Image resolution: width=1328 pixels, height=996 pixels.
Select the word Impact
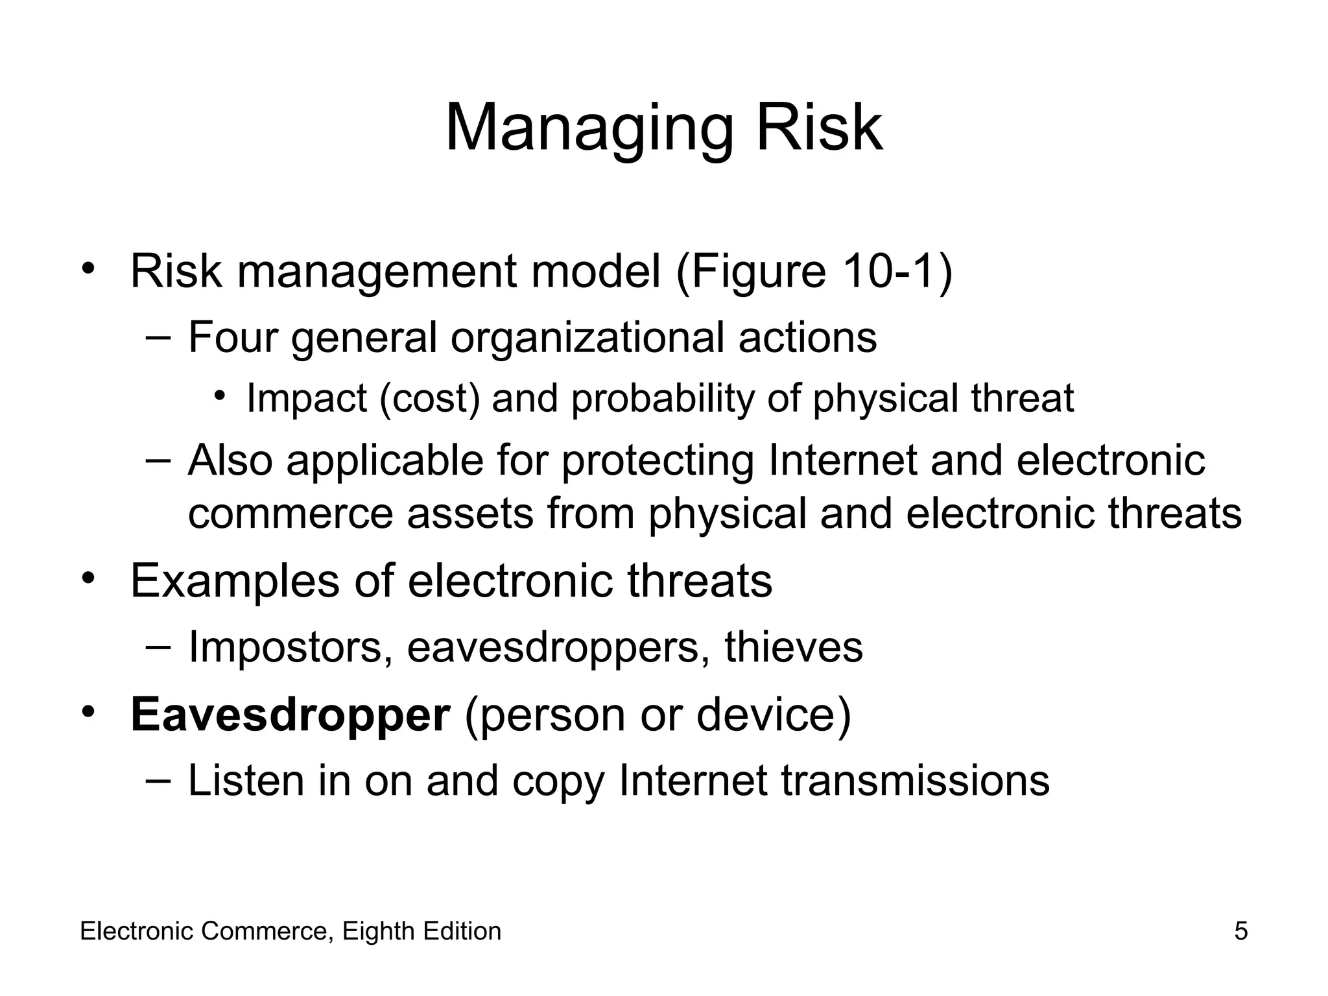(x=306, y=398)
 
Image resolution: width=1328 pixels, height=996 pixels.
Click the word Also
(x=230, y=460)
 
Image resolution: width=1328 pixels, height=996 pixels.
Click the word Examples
(x=235, y=581)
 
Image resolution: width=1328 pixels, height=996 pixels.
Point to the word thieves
(x=794, y=646)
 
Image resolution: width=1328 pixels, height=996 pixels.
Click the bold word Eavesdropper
(x=290, y=715)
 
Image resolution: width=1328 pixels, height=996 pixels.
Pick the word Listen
(x=247, y=780)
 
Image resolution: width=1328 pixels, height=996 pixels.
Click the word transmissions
(x=915, y=780)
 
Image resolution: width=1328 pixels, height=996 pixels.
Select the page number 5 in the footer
(x=1240, y=931)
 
